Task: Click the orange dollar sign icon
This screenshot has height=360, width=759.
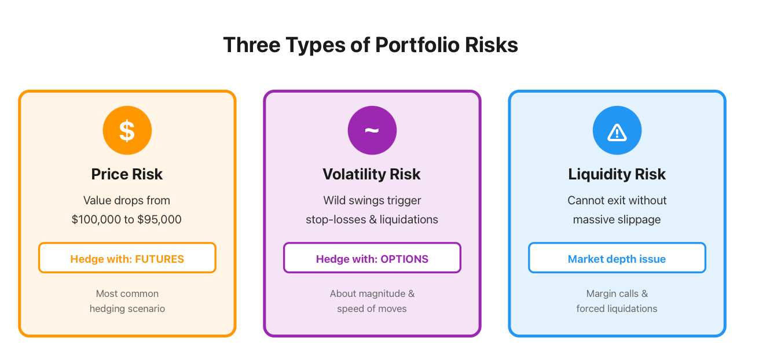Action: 127,130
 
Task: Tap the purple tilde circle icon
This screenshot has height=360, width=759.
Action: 372,130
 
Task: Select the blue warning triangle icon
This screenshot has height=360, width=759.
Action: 617,130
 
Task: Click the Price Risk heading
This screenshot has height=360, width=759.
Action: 127,174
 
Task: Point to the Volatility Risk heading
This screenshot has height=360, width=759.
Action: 372,174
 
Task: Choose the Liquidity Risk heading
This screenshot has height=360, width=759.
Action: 617,174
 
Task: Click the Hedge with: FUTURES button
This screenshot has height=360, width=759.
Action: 127,258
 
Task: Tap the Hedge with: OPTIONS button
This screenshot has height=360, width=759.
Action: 372,258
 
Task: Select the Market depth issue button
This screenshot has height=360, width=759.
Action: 617,258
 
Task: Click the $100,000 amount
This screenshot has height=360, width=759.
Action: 96,219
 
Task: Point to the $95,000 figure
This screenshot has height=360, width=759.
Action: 159,219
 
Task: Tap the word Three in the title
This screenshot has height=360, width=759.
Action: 252,45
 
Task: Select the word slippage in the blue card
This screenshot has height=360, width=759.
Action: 639,220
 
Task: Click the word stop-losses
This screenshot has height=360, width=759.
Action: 336,220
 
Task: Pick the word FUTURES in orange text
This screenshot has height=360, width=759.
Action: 160,259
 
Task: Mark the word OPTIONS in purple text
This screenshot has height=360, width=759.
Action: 405,259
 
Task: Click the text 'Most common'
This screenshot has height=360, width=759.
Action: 127,293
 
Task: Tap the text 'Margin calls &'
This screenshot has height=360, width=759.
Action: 617,293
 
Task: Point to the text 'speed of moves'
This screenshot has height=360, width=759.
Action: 372,309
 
